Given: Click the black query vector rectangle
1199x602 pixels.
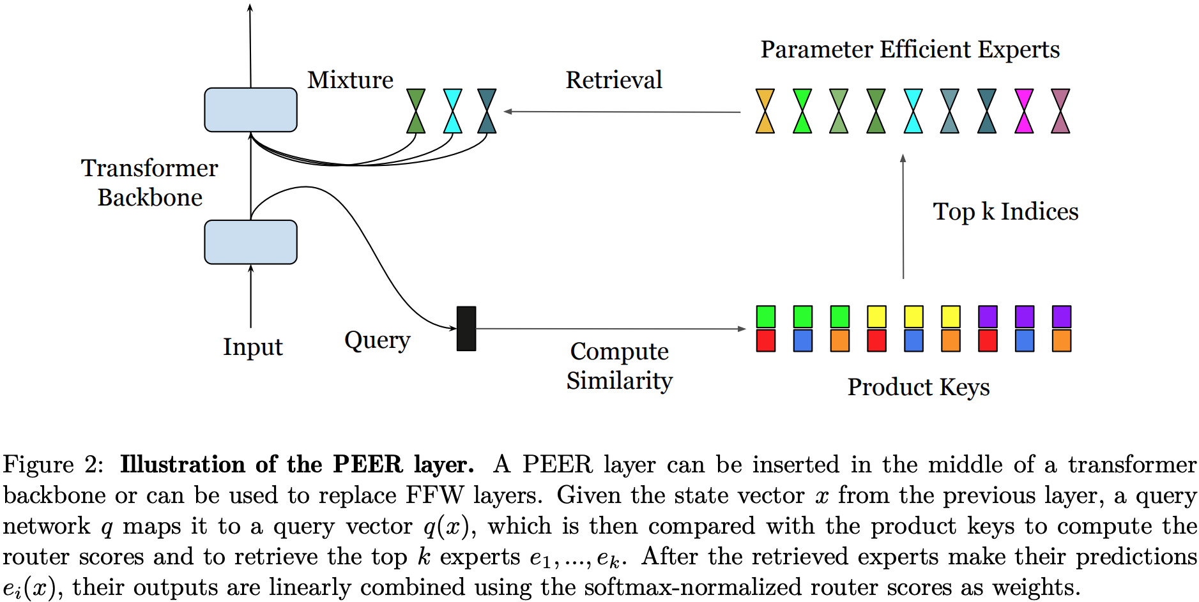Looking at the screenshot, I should tap(466, 328).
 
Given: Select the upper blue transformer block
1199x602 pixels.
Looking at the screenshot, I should tap(250, 110).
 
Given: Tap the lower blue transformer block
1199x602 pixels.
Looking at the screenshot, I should tap(250, 242).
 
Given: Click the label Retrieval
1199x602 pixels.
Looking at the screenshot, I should tap(613, 80).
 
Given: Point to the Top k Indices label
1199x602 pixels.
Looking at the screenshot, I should tap(1005, 212).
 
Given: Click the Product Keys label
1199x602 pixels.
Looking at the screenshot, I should tap(918, 387).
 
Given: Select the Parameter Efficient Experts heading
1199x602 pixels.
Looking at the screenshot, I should tap(910, 50).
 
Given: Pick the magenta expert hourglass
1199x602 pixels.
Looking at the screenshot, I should tap(1024, 111).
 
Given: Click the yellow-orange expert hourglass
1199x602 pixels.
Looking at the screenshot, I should tap(765, 111).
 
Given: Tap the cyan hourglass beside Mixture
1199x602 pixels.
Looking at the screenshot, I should tap(452, 111).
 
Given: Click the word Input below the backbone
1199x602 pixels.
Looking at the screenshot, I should tap(252, 347).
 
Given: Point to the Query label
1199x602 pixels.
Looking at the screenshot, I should tap(377, 340).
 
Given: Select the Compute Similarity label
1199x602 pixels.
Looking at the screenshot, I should tap(619, 366).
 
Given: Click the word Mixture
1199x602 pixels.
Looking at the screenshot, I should tap(350, 80).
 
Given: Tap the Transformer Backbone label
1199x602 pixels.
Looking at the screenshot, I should tap(149, 183).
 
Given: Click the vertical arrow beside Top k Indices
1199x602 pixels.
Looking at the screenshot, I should tap(903, 217).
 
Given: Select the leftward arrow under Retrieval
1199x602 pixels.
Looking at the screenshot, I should tap(622, 112).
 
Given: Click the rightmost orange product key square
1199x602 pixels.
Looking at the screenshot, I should tap(1061, 340).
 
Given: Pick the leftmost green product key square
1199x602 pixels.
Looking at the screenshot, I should tap(765, 317).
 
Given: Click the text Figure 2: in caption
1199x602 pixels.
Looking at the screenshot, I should tap(52, 465).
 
